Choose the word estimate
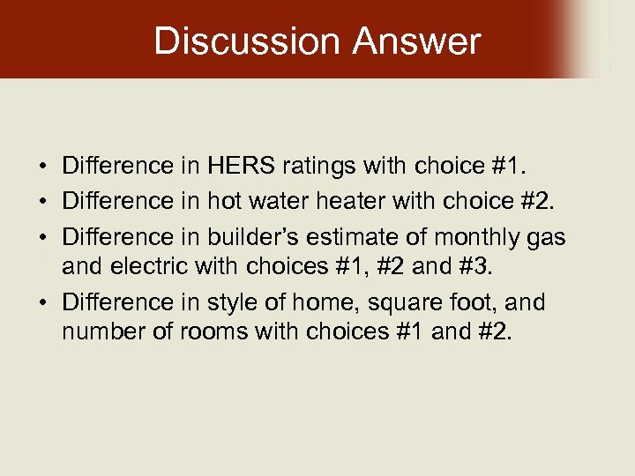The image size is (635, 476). tap(355, 237)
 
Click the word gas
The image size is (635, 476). tap(547, 238)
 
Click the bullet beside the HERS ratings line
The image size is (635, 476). tap(41, 166)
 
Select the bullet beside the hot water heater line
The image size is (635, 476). tap(41, 202)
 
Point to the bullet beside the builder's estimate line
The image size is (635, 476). tap(41, 238)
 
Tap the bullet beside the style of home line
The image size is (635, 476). tap(41, 303)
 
